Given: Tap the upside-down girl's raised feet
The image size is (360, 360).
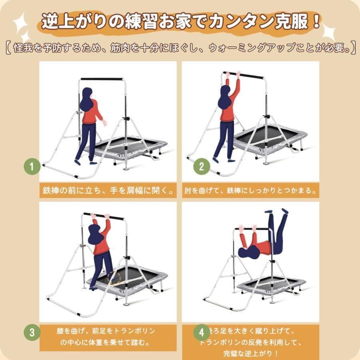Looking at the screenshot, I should click(276, 211).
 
